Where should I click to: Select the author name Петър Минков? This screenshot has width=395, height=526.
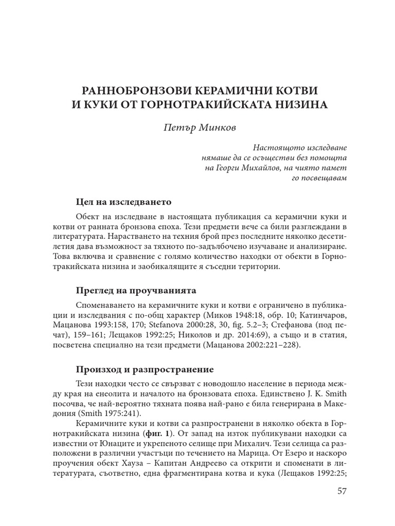(197, 127)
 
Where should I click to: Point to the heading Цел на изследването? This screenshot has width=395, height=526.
(123, 201)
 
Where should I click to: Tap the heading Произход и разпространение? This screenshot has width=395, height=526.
(141, 369)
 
